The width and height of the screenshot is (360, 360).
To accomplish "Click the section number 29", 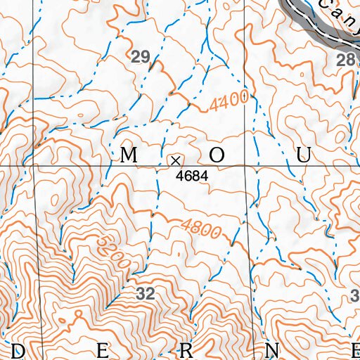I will pyautogui.click(x=141, y=58).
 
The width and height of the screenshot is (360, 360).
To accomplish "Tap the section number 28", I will pyautogui.click(x=346, y=60).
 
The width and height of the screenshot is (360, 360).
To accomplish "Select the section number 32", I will pyautogui.click(x=145, y=295).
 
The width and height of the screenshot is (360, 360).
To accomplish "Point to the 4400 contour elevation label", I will pyautogui.click(x=229, y=103).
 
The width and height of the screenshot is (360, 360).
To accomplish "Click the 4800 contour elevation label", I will pyautogui.click(x=201, y=229).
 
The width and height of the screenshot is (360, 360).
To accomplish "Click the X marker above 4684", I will pyautogui.click(x=175, y=160).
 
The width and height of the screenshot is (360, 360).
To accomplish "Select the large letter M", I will pyautogui.click(x=128, y=156).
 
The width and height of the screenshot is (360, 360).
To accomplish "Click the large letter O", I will pyautogui.click(x=217, y=156).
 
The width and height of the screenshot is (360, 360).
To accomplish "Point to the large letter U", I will pyautogui.click(x=303, y=156).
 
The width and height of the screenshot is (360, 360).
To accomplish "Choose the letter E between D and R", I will pyautogui.click(x=102, y=350).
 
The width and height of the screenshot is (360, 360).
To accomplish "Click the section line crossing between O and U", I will pyautogui.click(x=247, y=166).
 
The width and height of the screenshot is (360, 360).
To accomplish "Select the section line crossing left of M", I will pyautogui.click(x=34, y=166).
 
